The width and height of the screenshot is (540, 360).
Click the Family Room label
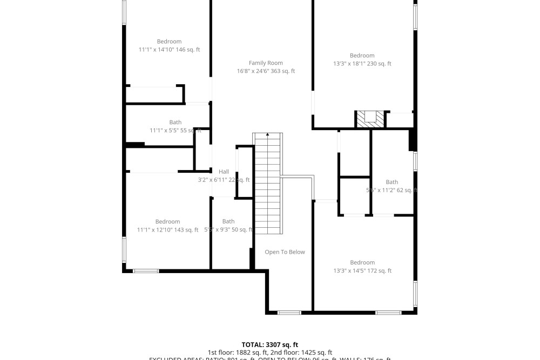pos(266,63)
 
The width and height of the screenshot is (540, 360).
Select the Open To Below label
pos(285,252)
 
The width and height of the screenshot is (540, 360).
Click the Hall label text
pos(224,172)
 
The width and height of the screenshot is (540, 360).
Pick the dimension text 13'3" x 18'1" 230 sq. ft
pos(362,64)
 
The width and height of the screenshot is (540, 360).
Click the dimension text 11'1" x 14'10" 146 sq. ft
pos(169,50)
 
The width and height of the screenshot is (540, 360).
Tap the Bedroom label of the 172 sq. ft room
pos(362,263)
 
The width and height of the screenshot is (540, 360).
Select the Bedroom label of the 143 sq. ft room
pos(167,222)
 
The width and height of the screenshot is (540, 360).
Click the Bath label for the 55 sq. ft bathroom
pos(175,123)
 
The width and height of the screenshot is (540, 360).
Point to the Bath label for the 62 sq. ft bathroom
pos(391,182)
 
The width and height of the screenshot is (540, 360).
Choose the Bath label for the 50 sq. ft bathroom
pos(228,221)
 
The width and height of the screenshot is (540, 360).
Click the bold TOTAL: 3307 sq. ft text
pos(269,344)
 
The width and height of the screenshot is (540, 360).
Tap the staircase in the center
pos(268,184)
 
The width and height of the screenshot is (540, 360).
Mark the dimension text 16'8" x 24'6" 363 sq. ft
pos(266,71)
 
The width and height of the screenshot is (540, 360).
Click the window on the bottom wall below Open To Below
pos(289,313)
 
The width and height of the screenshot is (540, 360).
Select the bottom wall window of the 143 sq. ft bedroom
pos(146,270)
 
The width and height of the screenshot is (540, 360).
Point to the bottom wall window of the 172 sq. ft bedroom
pos(388,313)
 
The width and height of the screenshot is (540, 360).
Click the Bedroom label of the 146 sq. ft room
pos(169,42)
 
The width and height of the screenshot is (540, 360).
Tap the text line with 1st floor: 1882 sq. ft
pos(270,352)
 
